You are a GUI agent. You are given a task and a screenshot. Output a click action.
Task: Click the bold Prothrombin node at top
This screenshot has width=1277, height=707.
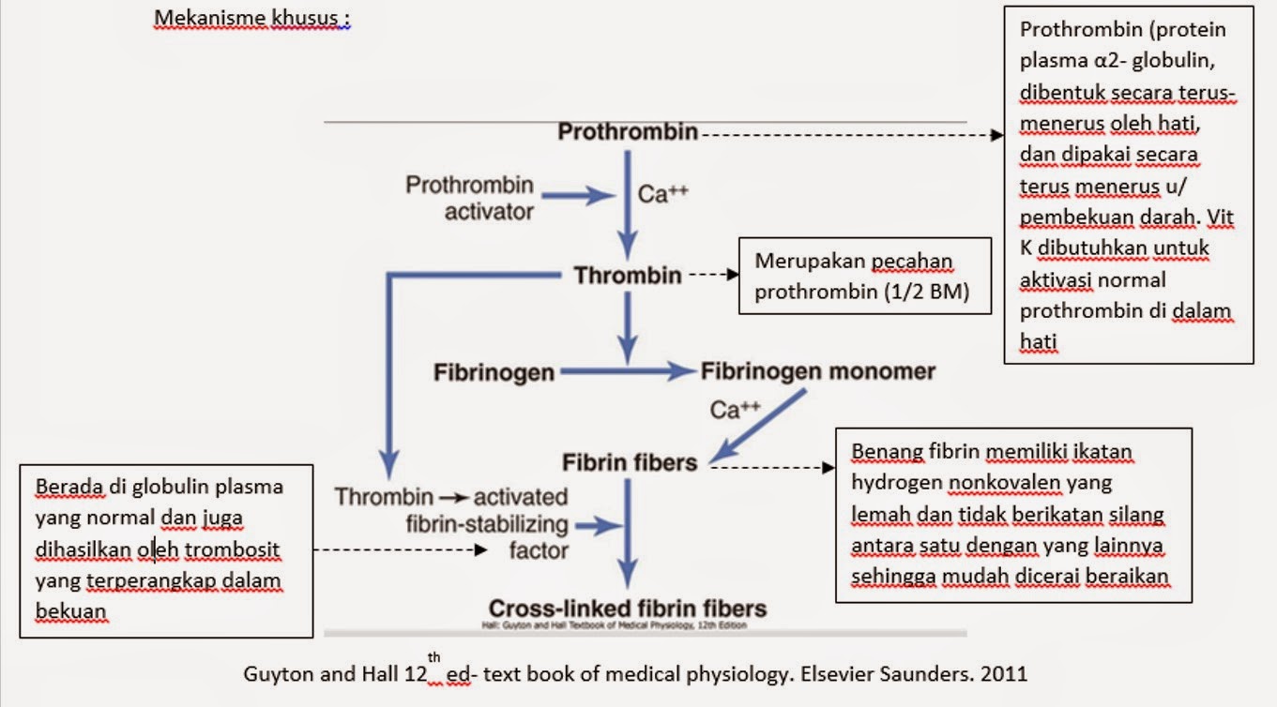coord(628,132)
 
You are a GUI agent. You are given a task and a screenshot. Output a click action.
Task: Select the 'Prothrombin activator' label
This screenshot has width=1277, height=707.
coord(469,198)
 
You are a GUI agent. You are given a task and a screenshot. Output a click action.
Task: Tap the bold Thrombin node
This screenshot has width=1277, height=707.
coord(628,276)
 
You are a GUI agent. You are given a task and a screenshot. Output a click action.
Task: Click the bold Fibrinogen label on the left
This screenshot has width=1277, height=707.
coord(494,372)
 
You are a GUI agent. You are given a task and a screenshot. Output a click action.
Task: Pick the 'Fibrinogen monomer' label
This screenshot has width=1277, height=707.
coord(818,371)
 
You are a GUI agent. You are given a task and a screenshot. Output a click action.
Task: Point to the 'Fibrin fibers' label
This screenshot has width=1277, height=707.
coord(630,462)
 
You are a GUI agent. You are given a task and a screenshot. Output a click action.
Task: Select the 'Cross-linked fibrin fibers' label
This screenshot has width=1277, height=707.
coord(628,608)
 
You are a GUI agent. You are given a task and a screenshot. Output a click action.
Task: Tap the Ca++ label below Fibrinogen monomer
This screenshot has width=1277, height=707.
coord(735,410)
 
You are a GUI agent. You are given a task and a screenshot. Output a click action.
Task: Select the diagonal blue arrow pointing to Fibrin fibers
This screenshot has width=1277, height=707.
coord(758,425)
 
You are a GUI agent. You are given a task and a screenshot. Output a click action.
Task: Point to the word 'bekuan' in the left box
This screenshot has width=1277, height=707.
coord(70,611)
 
